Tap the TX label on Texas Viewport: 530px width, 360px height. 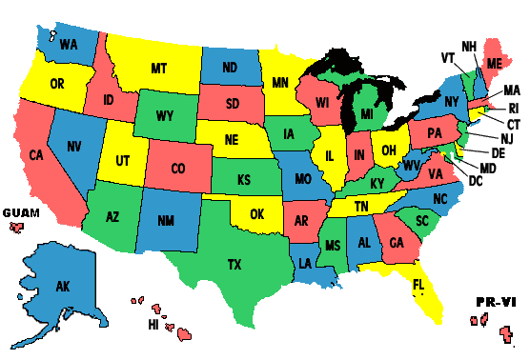coord(234,265)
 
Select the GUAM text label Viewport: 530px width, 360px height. coord(21,211)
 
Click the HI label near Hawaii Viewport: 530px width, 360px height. coord(153,324)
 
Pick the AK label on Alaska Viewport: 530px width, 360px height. coord(63,286)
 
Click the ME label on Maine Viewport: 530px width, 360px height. coord(493,62)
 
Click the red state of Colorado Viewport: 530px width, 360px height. coord(178,170)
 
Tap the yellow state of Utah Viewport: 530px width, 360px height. coord(123,162)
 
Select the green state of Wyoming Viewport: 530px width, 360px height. coord(165,117)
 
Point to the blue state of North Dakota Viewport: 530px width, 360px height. coord(231,68)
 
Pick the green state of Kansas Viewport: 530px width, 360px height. coord(244,179)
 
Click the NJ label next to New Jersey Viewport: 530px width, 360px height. coord(505,139)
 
